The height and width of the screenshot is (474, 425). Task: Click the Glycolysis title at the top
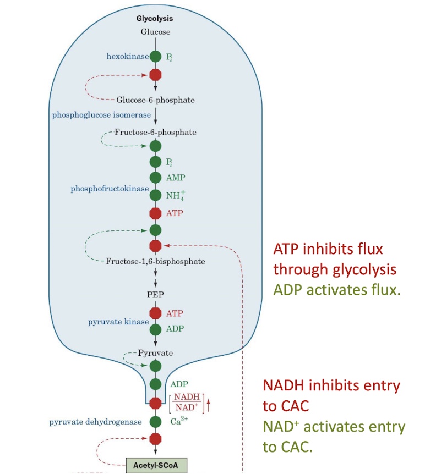(x=155, y=18)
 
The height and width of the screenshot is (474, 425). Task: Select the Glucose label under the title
(x=155, y=32)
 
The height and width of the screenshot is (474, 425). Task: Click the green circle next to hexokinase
(x=155, y=56)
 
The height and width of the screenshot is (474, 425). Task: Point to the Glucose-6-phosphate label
(x=155, y=100)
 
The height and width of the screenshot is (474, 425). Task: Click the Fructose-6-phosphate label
(x=155, y=132)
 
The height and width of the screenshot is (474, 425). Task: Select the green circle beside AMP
(x=155, y=178)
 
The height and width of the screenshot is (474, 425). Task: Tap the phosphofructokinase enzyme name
(x=110, y=189)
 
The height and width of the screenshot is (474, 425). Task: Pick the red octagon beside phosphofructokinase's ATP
(x=155, y=212)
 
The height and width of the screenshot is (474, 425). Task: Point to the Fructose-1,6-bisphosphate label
(x=155, y=261)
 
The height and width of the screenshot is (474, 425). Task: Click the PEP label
(x=155, y=294)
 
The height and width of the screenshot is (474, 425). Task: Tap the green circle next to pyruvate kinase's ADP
(x=155, y=329)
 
